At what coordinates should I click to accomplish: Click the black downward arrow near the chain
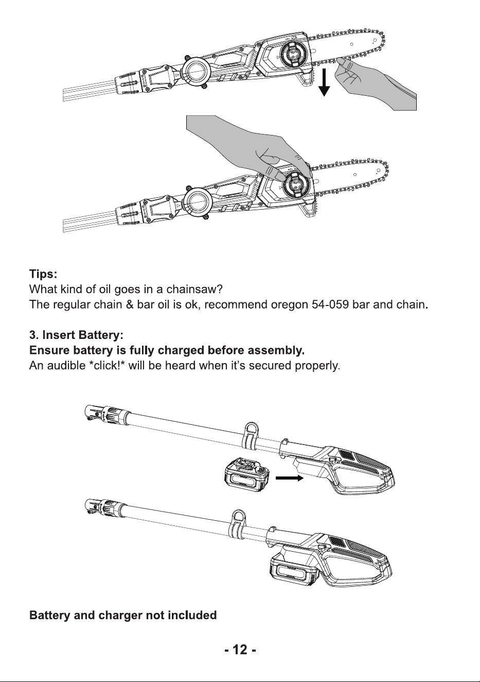coord(324,82)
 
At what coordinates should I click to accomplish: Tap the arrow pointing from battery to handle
coord(289,478)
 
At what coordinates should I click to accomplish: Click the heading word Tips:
coord(43,274)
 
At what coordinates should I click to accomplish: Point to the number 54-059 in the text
coord(330,304)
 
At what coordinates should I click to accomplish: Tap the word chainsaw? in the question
coord(194,289)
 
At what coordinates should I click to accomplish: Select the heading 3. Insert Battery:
coord(76,335)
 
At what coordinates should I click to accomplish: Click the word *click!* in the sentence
coord(107,365)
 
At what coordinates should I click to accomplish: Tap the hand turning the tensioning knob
coord(253,146)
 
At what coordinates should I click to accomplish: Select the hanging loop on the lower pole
coord(237,524)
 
